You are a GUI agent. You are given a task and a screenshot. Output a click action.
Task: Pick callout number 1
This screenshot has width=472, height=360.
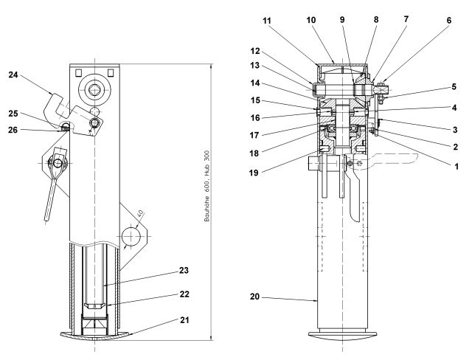457,166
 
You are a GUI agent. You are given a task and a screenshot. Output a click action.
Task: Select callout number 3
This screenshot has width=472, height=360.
457,128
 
